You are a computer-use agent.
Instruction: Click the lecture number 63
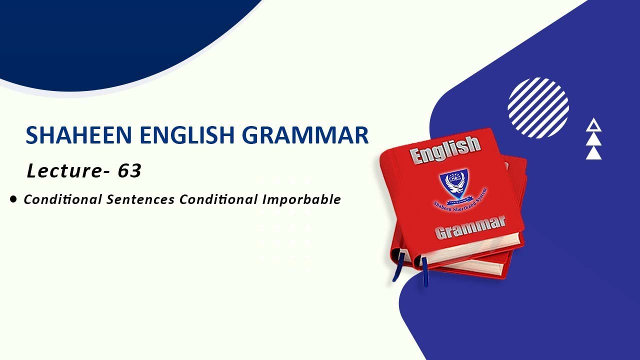[x=129, y=171]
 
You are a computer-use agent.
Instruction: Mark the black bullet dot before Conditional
[x=13, y=199]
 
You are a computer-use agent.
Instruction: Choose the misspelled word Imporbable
[x=301, y=199]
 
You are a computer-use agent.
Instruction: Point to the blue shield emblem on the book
[x=454, y=184]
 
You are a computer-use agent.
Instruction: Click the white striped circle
[x=538, y=107]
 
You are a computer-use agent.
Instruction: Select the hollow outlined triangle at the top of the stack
[x=593, y=125]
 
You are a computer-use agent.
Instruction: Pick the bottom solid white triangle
[x=593, y=153]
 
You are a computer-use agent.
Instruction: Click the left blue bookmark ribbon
[x=398, y=267]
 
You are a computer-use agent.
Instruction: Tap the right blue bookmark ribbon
[x=424, y=271]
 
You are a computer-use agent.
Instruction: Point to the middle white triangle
[x=593, y=139]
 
